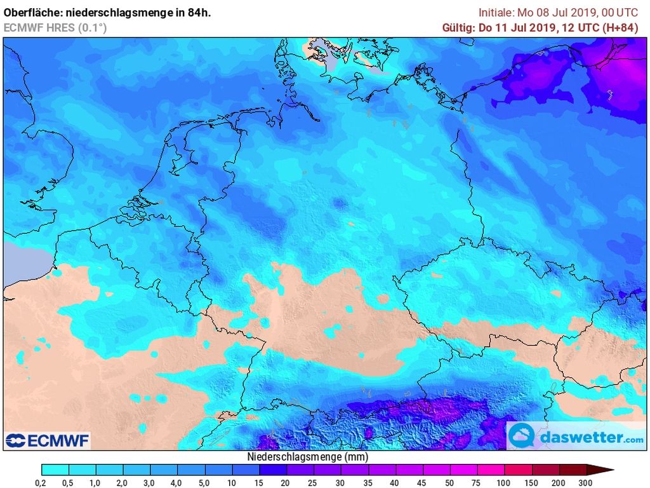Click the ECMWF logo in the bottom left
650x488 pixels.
click(x=48, y=440)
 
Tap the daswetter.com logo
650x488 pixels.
click(x=576, y=437)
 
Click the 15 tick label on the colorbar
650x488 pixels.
click(x=260, y=482)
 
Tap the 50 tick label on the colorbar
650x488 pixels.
click(x=450, y=482)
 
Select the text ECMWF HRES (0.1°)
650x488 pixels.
click(x=55, y=27)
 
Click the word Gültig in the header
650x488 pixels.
click(x=457, y=27)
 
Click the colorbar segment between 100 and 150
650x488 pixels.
click(x=518, y=470)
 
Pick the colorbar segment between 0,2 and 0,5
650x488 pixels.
click(x=55, y=470)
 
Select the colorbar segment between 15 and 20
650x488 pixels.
click(x=273, y=470)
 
